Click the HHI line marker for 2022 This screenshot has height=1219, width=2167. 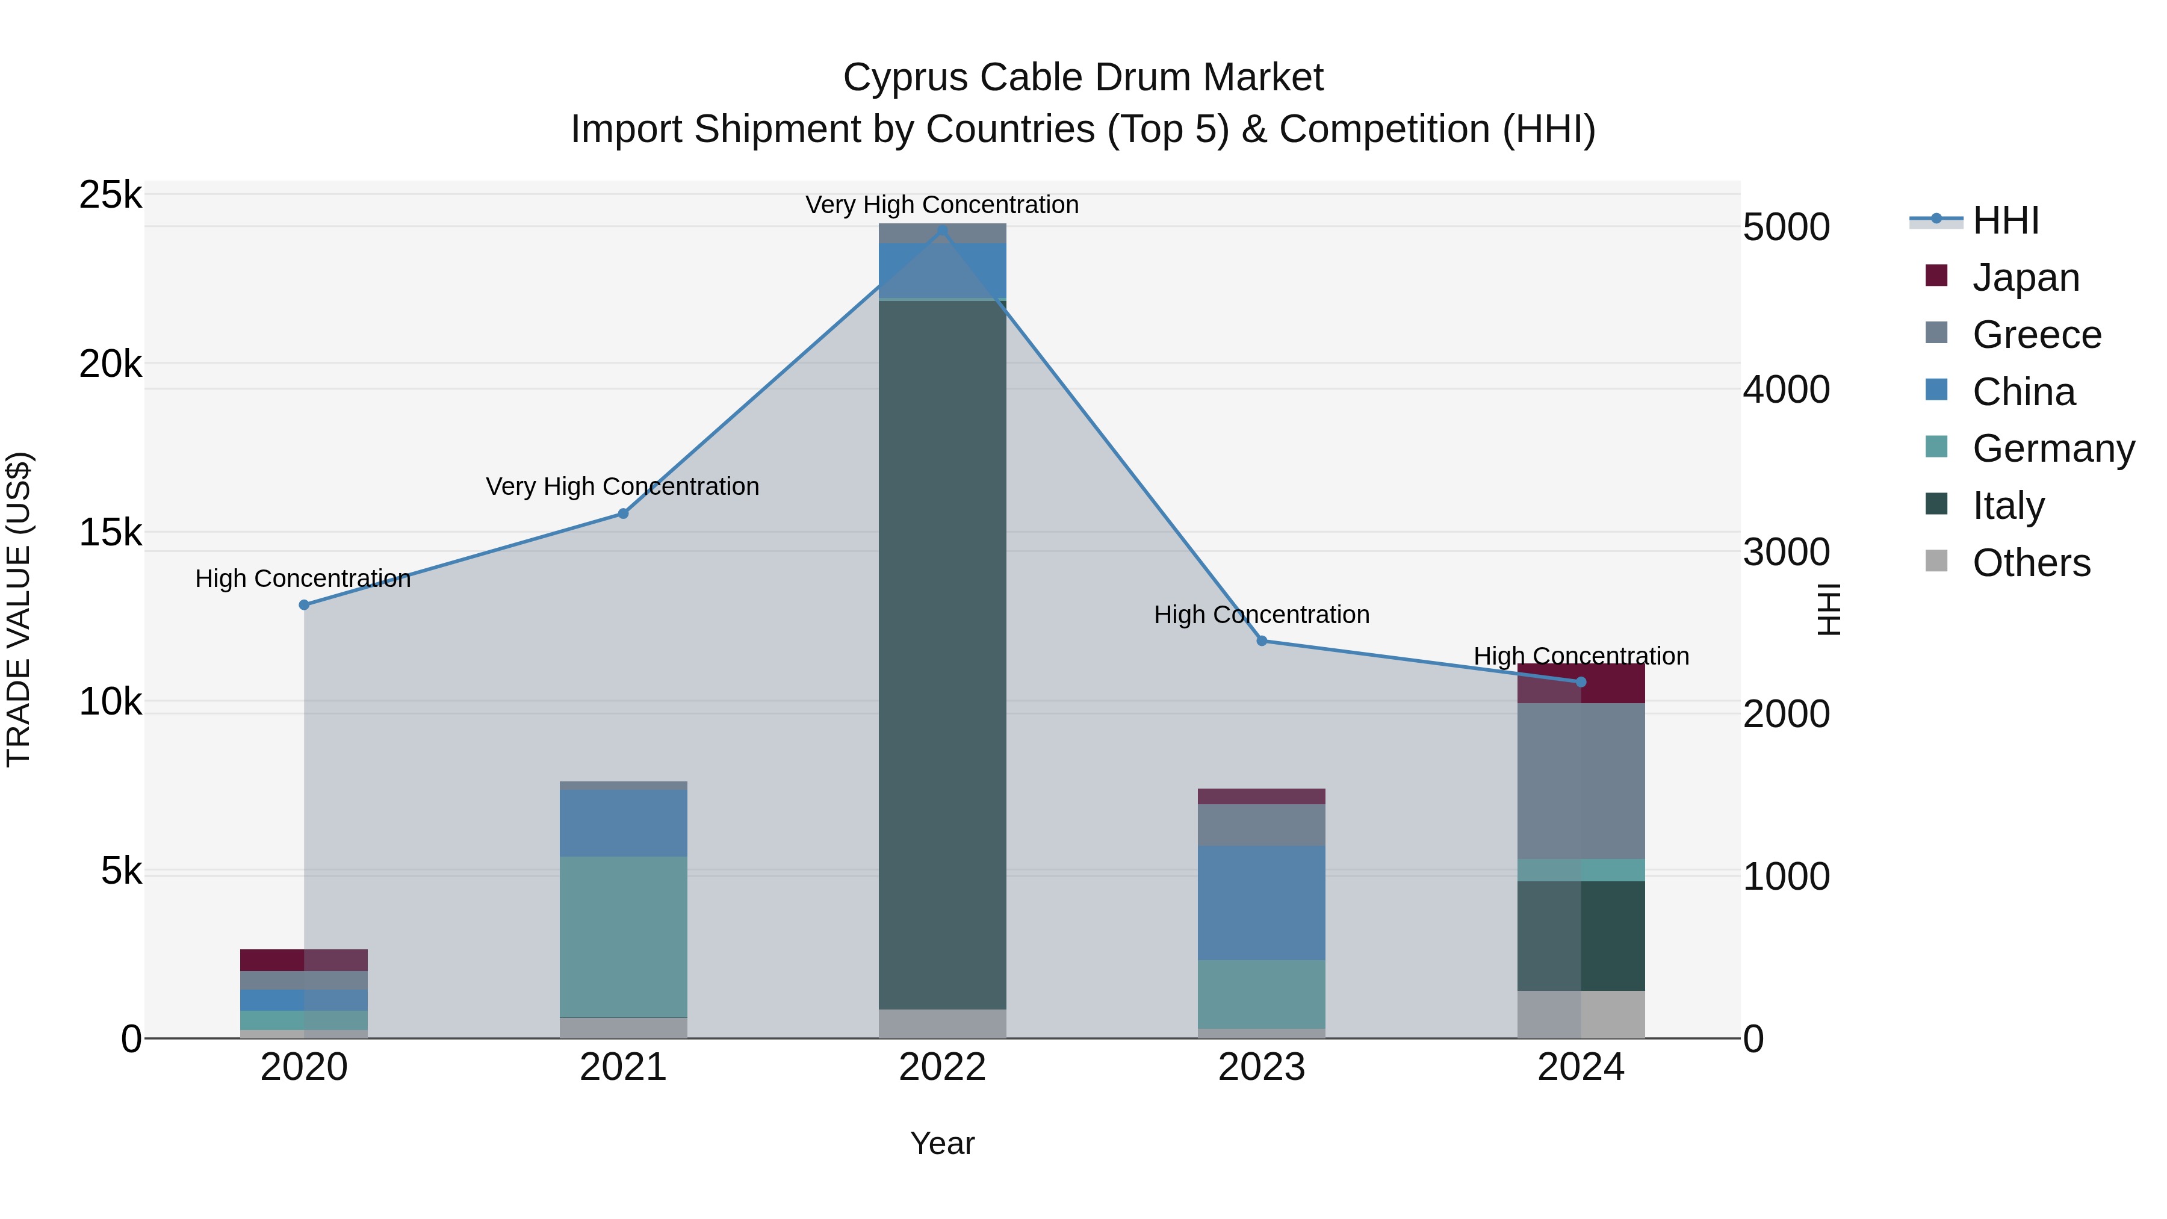pos(942,231)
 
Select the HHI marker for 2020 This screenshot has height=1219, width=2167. pos(305,605)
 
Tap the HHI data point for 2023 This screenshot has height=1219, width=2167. pos(1262,641)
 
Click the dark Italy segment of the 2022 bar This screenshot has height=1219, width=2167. pos(942,656)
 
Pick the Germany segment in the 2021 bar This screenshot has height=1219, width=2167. pos(624,937)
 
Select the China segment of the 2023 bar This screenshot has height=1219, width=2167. pos(1262,903)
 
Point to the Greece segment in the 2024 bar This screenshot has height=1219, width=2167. pos(1581,781)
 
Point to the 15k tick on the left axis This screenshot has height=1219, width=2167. pos(110,533)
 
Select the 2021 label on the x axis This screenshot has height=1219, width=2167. pos(624,1067)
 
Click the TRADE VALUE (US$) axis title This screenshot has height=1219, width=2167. pos(19,609)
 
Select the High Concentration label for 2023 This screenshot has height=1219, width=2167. pos(1262,615)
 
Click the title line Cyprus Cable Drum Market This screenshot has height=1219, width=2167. pos(1083,78)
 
